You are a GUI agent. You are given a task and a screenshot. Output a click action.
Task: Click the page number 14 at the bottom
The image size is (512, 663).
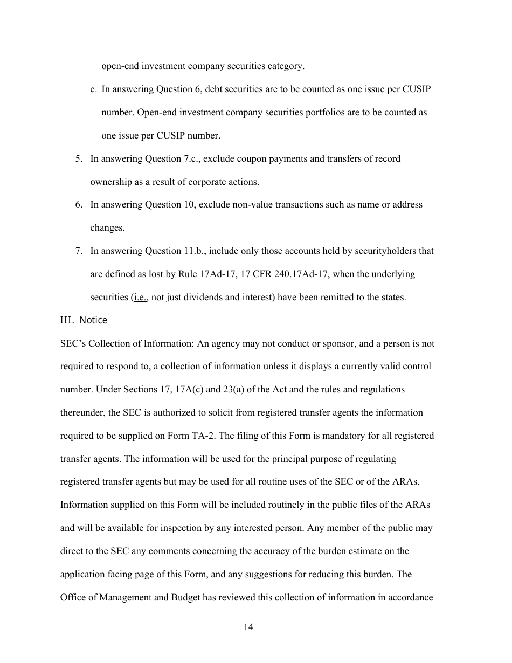tap(248, 627)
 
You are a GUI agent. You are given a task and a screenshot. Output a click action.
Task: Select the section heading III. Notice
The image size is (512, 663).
tap(84, 320)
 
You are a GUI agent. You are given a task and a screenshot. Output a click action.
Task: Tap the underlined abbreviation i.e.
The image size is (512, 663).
tap(140, 297)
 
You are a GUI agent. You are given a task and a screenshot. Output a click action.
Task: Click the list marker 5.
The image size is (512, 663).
tap(79, 158)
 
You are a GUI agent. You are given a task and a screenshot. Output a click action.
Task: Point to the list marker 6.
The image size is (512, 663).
tap(79, 205)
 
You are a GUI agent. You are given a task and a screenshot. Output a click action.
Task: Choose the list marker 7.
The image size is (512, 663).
tap(79, 251)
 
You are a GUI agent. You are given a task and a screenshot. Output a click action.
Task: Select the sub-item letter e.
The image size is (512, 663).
tap(93, 89)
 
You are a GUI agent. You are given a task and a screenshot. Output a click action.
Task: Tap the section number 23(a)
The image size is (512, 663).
tap(234, 389)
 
